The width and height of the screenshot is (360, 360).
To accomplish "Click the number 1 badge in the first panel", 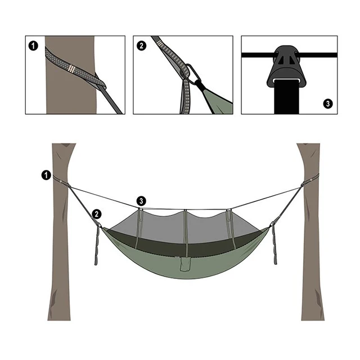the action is click(33, 46).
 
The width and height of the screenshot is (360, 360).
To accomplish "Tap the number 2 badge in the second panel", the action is click(141, 46).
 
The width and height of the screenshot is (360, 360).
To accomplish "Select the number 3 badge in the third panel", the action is click(328, 103).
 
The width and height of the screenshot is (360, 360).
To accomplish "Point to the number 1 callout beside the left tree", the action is click(46, 175).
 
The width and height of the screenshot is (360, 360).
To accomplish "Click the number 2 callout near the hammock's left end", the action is click(97, 214).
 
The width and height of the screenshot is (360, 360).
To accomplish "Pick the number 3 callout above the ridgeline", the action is click(141, 201).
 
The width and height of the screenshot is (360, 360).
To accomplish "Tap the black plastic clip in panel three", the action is click(286, 66).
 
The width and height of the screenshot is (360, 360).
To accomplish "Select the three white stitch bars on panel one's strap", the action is click(71, 69).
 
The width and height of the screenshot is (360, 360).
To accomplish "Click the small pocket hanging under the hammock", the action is click(184, 264).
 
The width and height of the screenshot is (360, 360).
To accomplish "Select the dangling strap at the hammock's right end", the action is click(274, 245).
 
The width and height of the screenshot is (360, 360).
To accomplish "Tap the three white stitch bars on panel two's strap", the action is click(160, 43).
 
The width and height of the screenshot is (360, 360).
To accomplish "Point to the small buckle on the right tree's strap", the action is click(311, 180).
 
